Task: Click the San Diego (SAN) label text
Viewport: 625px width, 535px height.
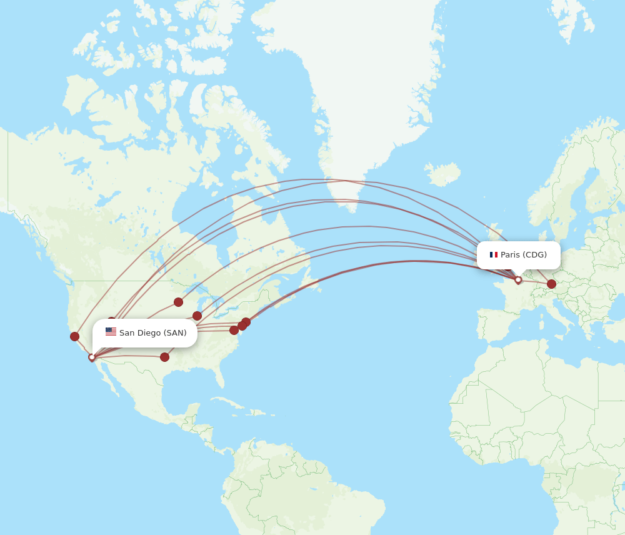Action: click(152, 332)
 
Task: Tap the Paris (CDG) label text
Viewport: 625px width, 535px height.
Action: click(523, 254)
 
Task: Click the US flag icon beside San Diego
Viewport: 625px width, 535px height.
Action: click(111, 332)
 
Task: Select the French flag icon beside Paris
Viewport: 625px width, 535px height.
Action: click(493, 254)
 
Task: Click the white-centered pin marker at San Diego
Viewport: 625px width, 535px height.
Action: click(92, 357)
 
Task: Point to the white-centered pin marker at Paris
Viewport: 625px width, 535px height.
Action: click(518, 280)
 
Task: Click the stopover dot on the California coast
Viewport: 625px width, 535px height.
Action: click(74, 336)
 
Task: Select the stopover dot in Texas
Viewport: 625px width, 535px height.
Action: click(164, 357)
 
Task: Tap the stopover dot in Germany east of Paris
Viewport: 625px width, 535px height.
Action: click(551, 284)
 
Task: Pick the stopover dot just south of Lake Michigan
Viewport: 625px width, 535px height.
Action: click(197, 316)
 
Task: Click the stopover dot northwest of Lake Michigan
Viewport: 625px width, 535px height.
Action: click(178, 302)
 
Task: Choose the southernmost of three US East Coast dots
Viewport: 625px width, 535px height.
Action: click(234, 330)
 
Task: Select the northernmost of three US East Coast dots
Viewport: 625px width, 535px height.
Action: click(246, 322)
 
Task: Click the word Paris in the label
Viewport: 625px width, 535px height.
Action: click(510, 254)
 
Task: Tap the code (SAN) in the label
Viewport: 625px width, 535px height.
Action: click(175, 332)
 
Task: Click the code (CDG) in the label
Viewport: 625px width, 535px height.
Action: click(535, 254)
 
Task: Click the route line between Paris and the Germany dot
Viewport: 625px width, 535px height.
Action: click(535, 282)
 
